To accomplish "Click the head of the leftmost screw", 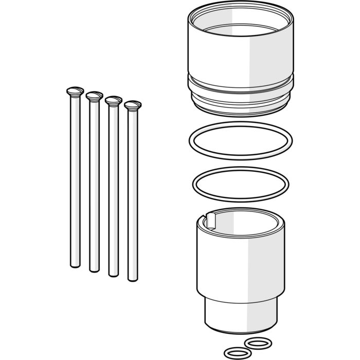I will pos(75,92).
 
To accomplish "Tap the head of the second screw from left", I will pos(94,96).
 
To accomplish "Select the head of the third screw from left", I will pos(113,100).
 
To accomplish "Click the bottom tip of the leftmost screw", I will pos(75,265).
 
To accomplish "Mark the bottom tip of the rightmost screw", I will pos(133,279).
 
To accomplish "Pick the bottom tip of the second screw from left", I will pos(94,269).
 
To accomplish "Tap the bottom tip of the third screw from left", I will pos(113,274).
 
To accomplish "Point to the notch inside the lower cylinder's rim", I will pos(211,220).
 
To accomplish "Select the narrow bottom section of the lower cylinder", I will pos(241,314).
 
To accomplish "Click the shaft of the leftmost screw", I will pos(75,180).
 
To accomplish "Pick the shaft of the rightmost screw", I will pos(133,195).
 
